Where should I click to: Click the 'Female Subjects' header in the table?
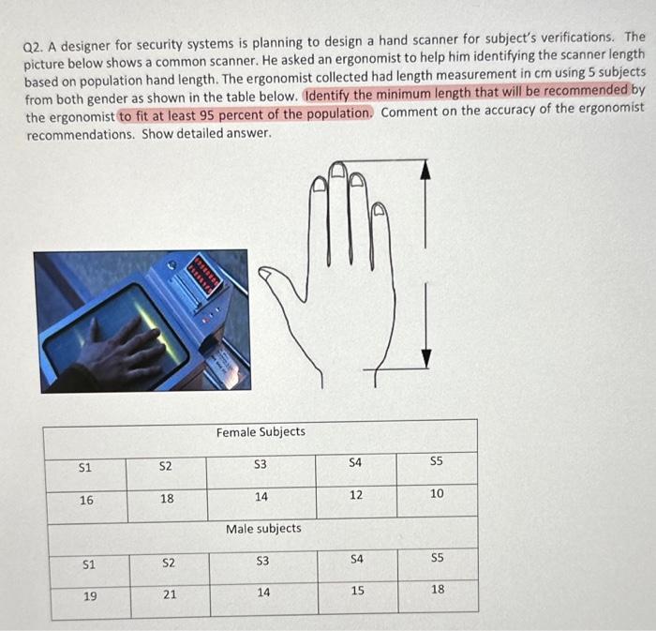pyautogui.click(x=261, y=431)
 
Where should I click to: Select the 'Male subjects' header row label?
pyautogui.click(x=263, y=529)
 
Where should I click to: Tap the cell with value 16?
pyautogui.click(x=86, y=500)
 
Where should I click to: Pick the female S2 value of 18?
pyautogui.click(x=166, y=499)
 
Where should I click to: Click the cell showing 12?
pyautogui.click(x=356, y=495)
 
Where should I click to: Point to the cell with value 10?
pyautogui.click(x=437, y=493)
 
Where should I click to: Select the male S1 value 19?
pyautogui.click(x=90, y=595)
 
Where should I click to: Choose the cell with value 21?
pyautogui.click(x=170, y=594)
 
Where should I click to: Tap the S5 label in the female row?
pyautogui.click(x=437, y=460)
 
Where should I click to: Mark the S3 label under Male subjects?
pyautogui.click(x=263, y=561)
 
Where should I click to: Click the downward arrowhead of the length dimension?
pyautogui.click(x=426, y=358)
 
